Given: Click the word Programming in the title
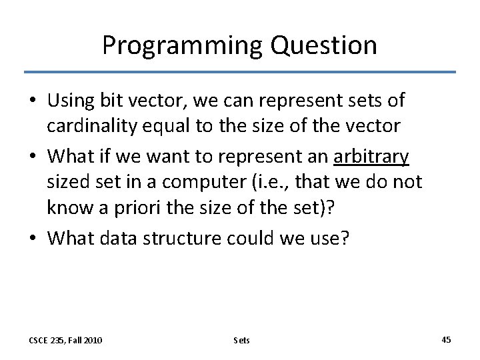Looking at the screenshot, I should click(x=181, y=45).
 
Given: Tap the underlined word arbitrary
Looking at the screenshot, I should click(x=371, y=157).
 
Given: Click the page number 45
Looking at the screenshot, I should click(x=446, y=340).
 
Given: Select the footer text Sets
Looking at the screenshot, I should click(x=241, y=340).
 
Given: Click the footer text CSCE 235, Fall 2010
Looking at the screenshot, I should click(x=65, y=340).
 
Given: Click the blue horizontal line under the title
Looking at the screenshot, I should click(x=240, y=72).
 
